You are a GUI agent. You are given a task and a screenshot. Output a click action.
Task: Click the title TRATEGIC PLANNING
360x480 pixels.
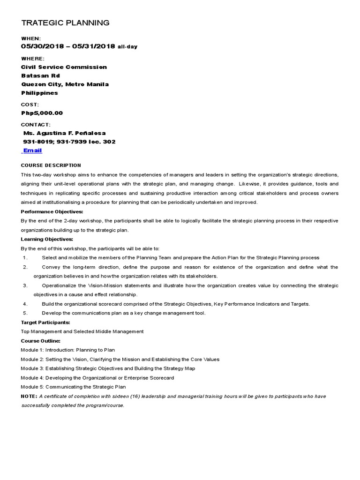pyautogui.click(x=66, y=22)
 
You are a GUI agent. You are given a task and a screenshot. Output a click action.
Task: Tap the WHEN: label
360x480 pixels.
pyautogui.click(x=31, y=38)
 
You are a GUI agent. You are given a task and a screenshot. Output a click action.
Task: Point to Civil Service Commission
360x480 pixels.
pyautogui.click(x=64, y=67)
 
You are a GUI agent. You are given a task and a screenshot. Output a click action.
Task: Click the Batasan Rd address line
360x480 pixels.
pyautogui.click(x=41, y=75)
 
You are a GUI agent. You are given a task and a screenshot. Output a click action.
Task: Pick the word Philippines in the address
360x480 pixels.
pyautogui.click(x=40, y=93)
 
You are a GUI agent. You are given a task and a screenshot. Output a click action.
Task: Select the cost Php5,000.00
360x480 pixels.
pyautogui.click(x=42, y=113)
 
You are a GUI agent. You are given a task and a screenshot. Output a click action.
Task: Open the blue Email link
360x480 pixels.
pyautogui.click(x=32, y=150)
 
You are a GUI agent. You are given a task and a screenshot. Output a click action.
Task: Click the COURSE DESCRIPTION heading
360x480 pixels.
pyautogui.click(x=51, y=165)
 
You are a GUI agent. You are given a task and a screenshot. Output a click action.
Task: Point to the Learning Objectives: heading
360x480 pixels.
pyautogui.click(x=47, y=239)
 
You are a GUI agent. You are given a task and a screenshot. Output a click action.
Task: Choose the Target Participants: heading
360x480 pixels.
pyautogui.click(x=45, y=322)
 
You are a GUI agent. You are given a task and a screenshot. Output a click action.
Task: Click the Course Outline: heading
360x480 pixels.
pyautogui.click(x=41, y=341)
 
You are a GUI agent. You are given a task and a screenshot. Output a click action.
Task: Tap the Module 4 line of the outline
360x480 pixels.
pyautogui.click(x=97, y=378)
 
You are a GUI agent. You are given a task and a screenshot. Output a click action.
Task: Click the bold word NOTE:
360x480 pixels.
pyautogui.click(x=29, y=396)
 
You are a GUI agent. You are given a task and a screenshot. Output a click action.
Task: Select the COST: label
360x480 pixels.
pyautogui.click(x=30, y=105)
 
